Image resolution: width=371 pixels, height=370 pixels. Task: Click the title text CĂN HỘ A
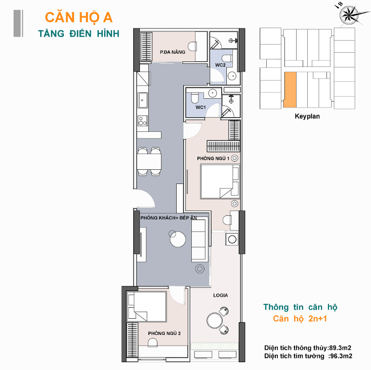pos(78,18)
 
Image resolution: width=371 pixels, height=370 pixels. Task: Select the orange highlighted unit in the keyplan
pos(290,90)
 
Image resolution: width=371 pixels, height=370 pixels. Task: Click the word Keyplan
pos(307,116)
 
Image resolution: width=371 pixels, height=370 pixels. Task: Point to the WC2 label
pos(220,65)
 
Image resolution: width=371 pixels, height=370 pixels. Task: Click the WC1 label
pos(200,107)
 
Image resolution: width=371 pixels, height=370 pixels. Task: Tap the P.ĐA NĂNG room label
pos(173,52)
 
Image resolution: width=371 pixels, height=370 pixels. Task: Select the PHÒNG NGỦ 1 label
pos(213,159)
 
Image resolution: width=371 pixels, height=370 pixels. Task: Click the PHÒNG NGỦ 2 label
pos(164,334)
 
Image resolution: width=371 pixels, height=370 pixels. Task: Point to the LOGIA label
pos(221,295)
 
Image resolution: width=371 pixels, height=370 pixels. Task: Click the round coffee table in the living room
pos(178,239)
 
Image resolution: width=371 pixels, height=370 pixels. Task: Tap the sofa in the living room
pos(198,240)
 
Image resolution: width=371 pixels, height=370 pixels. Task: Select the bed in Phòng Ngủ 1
pos(220,181)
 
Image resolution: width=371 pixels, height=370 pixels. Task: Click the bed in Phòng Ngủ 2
pos(147,307)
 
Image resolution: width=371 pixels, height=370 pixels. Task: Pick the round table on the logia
pos(215,320)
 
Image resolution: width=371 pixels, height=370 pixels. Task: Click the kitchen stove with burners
pos(143,121)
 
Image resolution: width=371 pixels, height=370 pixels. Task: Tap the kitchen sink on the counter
pos(143,100)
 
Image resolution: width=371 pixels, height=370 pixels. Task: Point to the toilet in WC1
pos(195,98)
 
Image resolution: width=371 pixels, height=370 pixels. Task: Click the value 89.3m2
pos(340,348)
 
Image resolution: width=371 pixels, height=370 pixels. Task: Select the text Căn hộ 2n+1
pos(300,319)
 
